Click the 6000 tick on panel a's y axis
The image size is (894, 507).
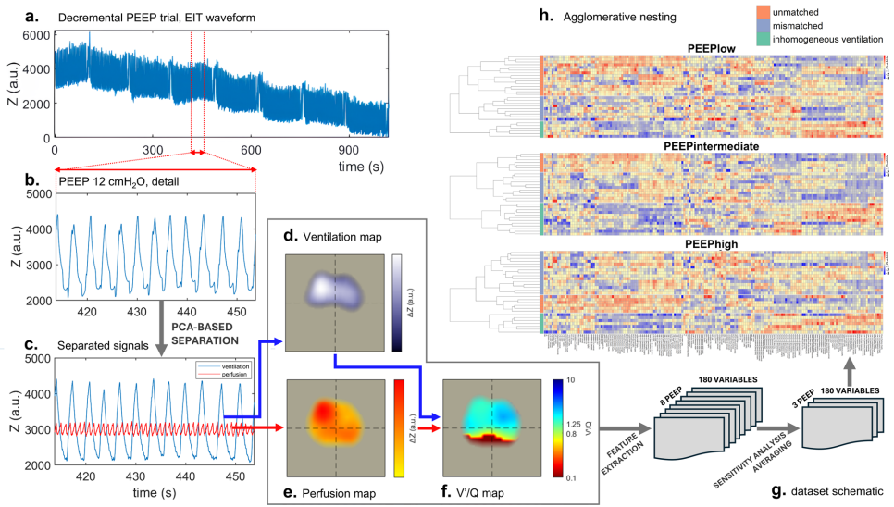click(x=36, y=34)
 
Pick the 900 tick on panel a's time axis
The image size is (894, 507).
click(x=348, y=149)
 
